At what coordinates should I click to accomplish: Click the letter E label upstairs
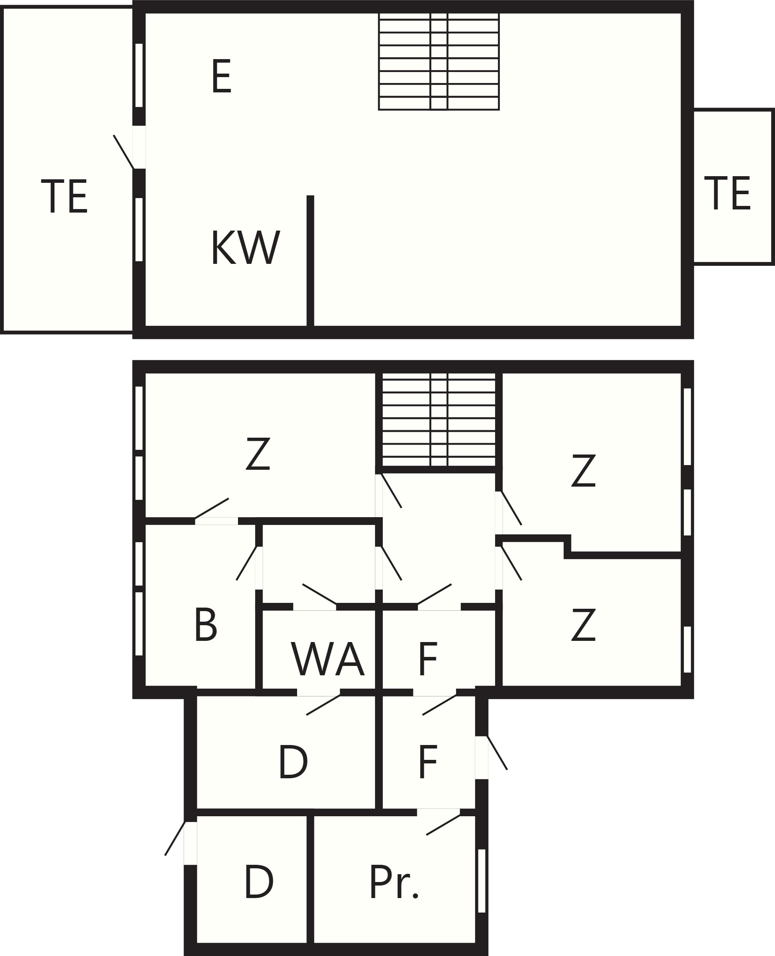click(x=222, y=76)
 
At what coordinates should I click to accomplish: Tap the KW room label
click(x=245, y=247)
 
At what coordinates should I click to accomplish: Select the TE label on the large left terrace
click(x=64, y=196)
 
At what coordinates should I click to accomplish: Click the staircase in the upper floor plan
click(x=439, y=61)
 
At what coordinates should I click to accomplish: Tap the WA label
click(x=328, y=659)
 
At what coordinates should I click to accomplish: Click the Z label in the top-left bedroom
click(x=258, y=454)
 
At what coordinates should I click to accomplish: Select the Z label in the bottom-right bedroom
click(x=584, y=625)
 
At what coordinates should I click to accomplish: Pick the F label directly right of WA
click(x=428, y=659)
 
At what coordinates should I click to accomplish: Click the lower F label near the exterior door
click(x=428, y=762)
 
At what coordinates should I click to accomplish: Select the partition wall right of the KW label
click(x=310, y=261)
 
